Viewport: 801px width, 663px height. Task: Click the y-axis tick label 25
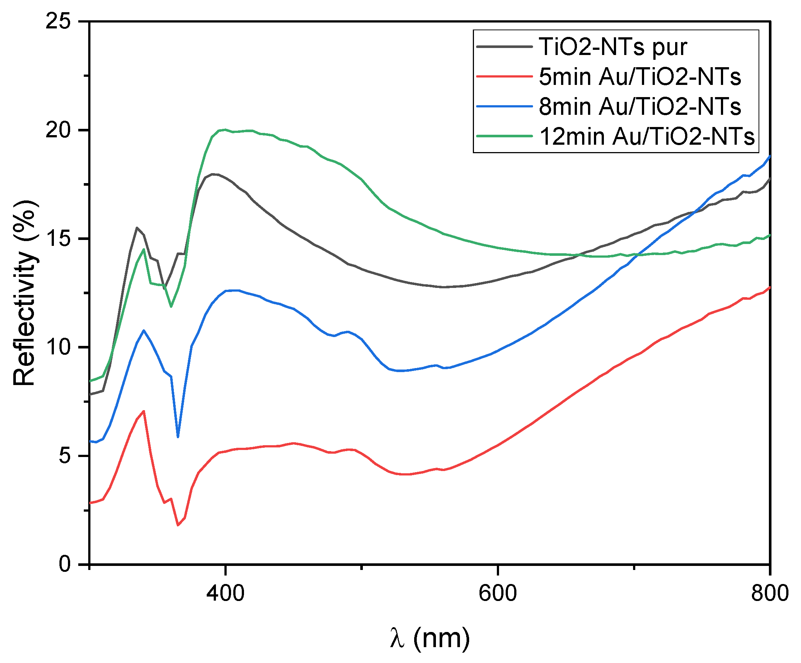coord(58,21)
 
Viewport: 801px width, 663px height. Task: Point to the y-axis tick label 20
coord(58,130)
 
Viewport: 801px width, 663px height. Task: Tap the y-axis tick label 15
coord(58,239)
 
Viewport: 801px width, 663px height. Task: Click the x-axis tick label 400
coord(226,594)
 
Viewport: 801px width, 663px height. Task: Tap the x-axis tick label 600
coord(498,594)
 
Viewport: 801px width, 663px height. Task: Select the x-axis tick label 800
coord(770,594)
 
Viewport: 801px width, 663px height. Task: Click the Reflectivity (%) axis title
coord(25,293)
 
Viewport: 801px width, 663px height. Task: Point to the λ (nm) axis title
coord(430,638)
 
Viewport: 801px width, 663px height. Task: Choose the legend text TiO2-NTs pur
coord(613,47)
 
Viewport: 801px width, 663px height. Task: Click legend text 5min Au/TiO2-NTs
coord(640,77)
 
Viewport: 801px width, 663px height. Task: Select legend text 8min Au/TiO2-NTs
coord(640,106)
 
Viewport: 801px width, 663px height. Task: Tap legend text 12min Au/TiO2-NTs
coord(647,136)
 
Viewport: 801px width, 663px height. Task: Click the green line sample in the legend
coord(504,136)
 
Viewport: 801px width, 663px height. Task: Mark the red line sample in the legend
coord(504,76)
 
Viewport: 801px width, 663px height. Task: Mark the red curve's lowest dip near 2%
coord(178,526)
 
